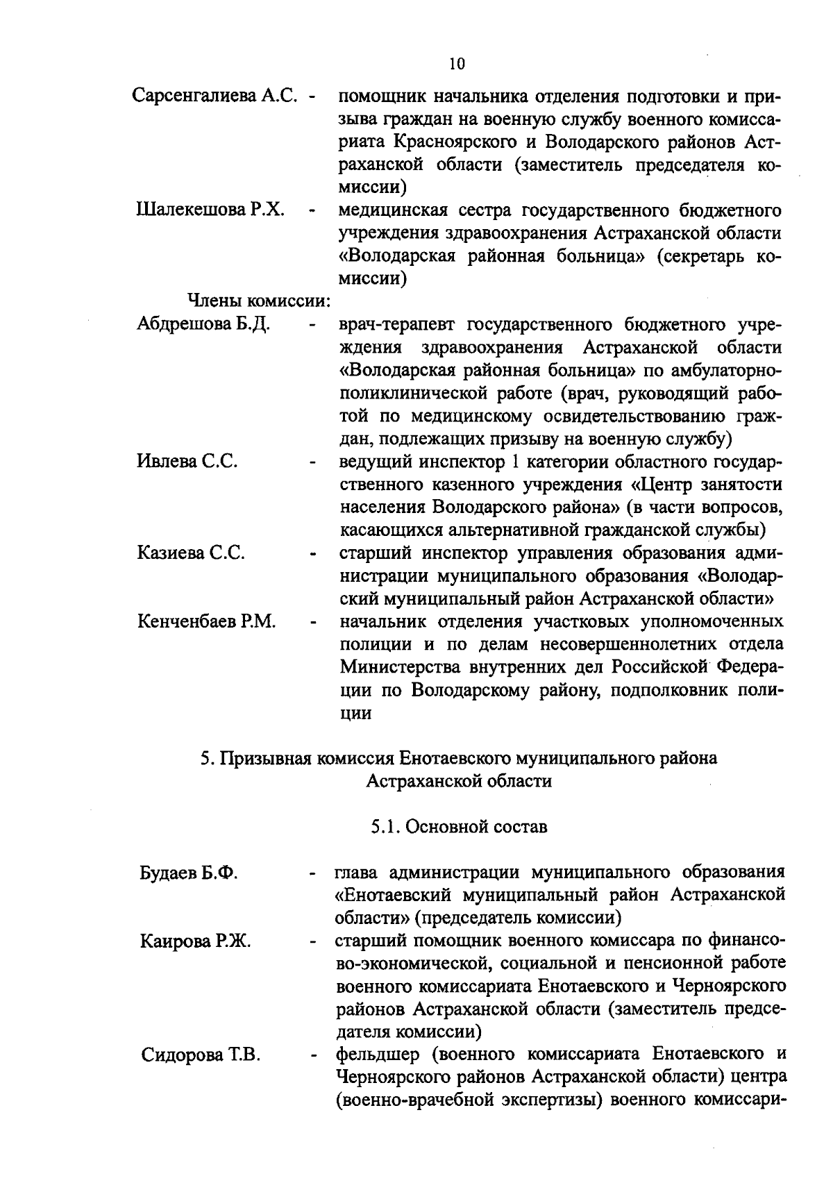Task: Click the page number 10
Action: tap(457, 65)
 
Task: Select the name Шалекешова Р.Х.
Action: tap(210, 210)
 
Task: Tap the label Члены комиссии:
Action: tap(258, 301)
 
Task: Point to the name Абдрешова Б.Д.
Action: tap(204, 324)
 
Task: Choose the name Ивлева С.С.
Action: tap(187, 461)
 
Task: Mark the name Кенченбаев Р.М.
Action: tap(207, 621)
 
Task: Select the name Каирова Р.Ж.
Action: tap(196, 941)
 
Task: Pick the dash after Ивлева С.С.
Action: tap(313, 462)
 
